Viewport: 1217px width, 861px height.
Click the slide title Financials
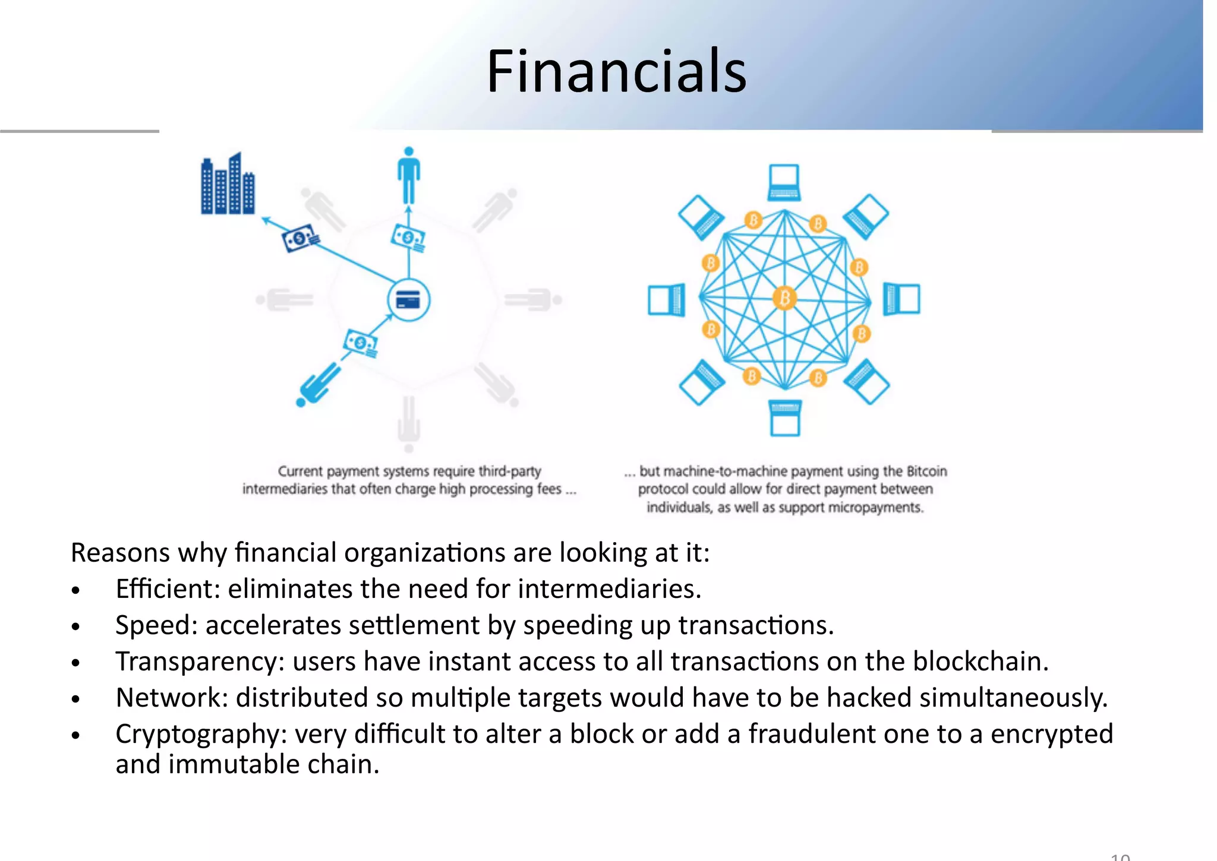pos(616,72)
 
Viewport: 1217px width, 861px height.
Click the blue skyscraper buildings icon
pos(228,184)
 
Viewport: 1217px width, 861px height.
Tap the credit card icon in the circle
pos(408,300)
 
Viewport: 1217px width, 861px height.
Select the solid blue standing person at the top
pos(408,175)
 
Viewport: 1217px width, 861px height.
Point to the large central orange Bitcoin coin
pos(784,297)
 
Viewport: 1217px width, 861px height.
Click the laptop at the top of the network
pos(784,183)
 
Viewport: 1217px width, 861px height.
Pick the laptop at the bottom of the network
pos(784,417)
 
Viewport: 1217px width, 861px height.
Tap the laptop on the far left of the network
pos(666,299)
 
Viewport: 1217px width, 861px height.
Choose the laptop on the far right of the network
pos(901,299)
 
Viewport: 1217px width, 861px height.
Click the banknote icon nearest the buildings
pos(300,238)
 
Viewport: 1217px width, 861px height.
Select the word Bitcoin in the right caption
pos(926,471)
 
